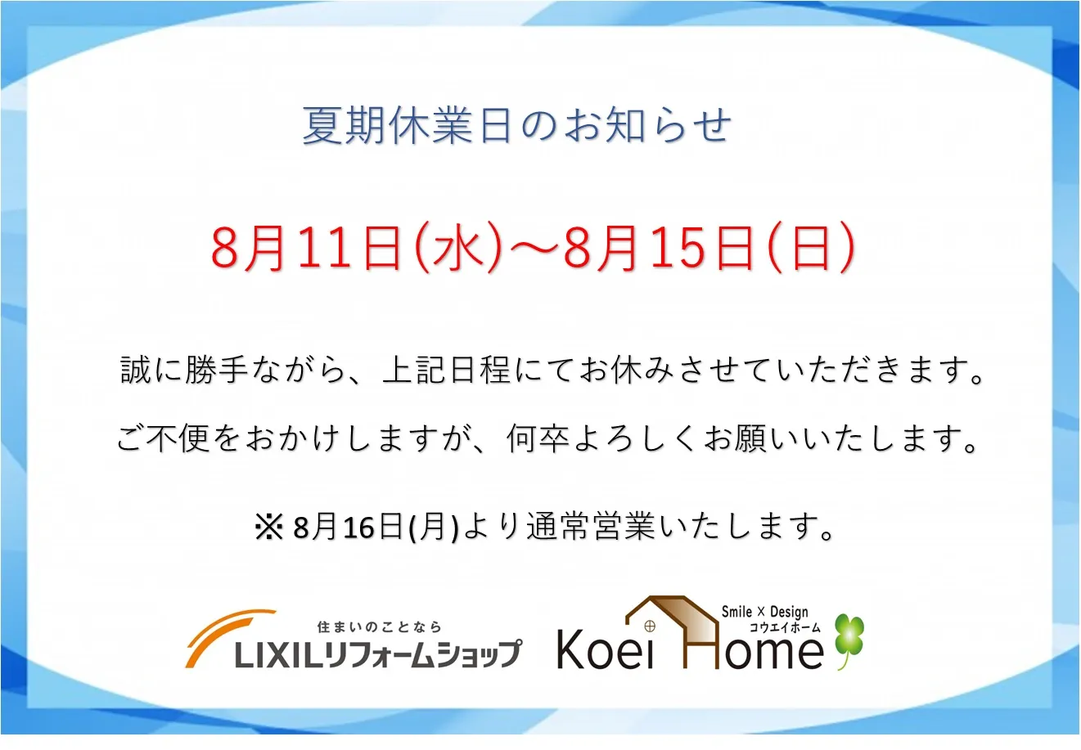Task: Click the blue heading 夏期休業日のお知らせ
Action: click(517, 126)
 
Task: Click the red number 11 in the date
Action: click(324, 249)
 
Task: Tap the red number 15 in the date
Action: click(677, 249)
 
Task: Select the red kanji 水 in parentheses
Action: click(458, 248)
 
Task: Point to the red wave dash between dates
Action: click(532, 248)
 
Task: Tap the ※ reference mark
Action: click(268, 527)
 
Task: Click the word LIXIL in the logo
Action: click(278, 654)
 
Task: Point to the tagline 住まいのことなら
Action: click(379, 626)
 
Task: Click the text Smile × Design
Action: click(765, 612)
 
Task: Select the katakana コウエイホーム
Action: click(784, 627)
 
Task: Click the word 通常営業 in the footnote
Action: click(591, 526)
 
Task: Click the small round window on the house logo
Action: click(650, 626)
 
